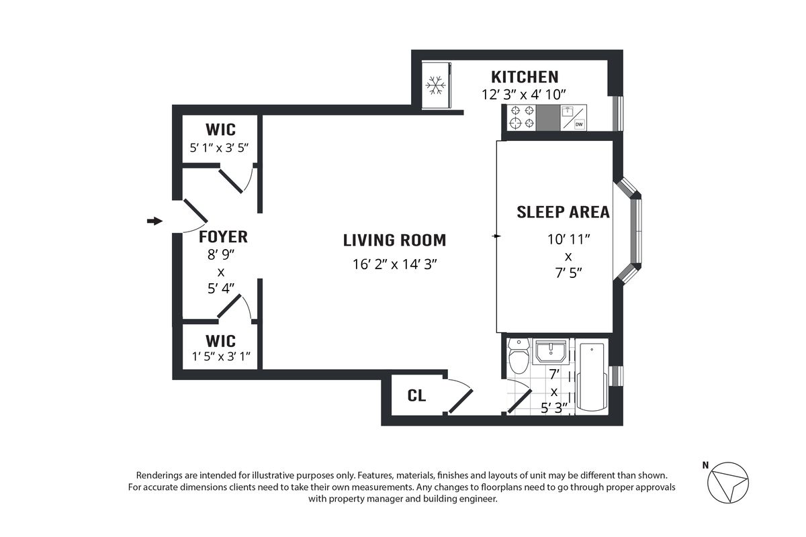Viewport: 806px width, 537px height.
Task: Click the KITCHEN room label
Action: click(525, 77)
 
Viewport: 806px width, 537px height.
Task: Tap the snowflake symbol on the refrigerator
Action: click(435, 85)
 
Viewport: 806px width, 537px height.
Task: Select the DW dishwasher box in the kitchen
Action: click(579, 124)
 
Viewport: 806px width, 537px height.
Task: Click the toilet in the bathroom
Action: click(519, 355)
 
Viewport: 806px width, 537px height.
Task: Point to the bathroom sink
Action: click(551, 352)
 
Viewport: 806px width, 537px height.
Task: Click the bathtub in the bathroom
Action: click(592, 377)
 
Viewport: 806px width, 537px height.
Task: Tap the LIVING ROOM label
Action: click(394, 240)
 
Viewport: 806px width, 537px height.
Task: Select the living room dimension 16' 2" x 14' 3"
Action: click(394, 264)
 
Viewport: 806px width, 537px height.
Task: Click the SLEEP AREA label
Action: click(563, 212)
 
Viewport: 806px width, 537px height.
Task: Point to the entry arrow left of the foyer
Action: click(154, 221)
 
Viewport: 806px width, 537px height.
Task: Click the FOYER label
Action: click(223, 237)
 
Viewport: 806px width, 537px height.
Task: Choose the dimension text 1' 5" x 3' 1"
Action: click(221, 356)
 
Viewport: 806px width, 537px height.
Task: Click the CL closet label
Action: click(416, 395)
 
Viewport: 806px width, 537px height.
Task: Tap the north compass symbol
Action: click(728, 483)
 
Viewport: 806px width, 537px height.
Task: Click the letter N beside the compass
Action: click(705, 465)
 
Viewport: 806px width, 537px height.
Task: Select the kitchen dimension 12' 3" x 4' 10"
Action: click(524, 95)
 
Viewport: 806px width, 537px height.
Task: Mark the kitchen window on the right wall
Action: click(618, 113)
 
